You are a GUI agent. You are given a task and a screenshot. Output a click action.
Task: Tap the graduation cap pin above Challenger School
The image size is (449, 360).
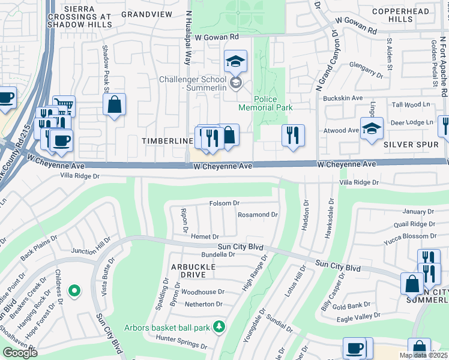pyautogui.click(x=236, y=61)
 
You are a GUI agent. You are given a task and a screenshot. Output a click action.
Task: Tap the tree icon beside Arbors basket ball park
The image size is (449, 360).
pyautogui.click(x=220, y=326)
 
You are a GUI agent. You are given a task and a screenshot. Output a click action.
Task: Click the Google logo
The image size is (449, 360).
pyautogui.click(x=20, y=353)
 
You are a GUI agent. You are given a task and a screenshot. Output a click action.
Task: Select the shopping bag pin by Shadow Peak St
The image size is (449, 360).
pyautogui.click(x=114, y=105)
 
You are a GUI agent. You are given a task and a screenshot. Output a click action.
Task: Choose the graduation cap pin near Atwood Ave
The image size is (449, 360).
pyautogui.click(x=372, y=128)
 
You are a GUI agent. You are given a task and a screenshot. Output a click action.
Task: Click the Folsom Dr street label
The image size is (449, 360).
pyautogui.click(x=224, y=203)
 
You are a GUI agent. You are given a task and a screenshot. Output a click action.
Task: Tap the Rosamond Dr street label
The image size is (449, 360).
pyautogui.click(x=258, y=214)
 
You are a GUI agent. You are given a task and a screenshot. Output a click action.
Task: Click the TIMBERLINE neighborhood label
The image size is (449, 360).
pyautogui.click(x=166, y=140)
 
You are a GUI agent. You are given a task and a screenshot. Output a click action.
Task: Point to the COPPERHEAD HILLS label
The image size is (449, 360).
pyautogui.click(x=409, y=15)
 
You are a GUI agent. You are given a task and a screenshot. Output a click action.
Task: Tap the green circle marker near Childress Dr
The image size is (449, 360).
pyautogui.click(x=74, y=292)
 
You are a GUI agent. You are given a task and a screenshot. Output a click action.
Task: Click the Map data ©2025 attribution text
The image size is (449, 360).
pyautogui.click(x=423, y=355)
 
